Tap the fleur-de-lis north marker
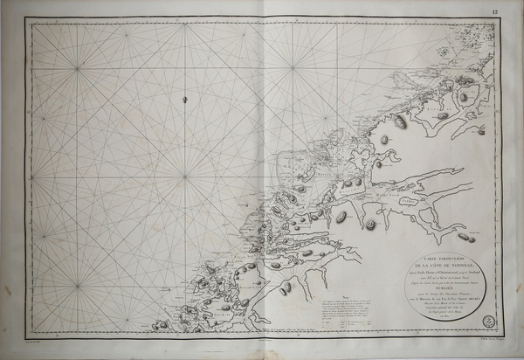[x=186, y=103]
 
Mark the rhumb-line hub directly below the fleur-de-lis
[x=185, y=177]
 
